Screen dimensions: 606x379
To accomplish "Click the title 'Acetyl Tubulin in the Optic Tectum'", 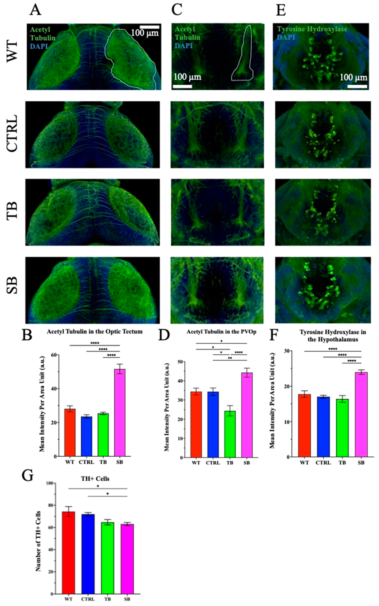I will pyautogui.click(x=94, y=332).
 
